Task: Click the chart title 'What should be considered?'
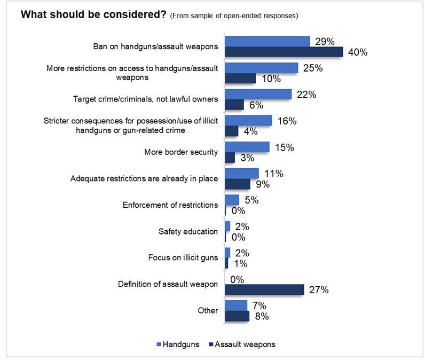(x=93, y=14)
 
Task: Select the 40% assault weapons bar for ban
(x=284, y=52)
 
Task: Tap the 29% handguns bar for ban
(x=267, y=41)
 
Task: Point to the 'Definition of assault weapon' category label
(x=168, y=284)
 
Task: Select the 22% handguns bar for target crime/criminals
(x=258, y=94)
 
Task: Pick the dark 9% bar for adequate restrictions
(x=238, y=184)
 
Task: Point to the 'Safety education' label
(x=188, y=231)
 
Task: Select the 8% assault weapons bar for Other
(x=237, y=316)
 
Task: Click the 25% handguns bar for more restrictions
(x=262, y=68)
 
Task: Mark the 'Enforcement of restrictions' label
(x=170, y=205)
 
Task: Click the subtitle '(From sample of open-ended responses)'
(x=234, y=15)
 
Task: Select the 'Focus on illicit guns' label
(x=183, y=257)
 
